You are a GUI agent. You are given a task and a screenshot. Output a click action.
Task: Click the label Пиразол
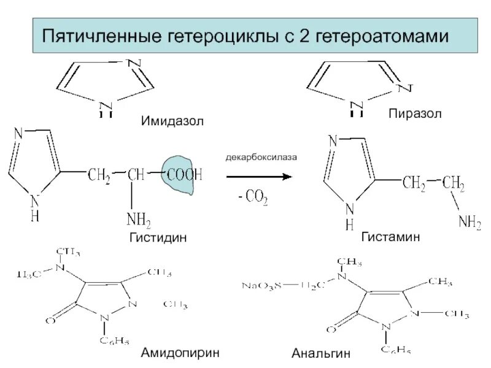(414, 115)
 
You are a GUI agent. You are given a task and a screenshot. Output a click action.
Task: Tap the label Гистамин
(390, 237)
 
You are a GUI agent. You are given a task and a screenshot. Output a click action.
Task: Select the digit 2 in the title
(304, 37)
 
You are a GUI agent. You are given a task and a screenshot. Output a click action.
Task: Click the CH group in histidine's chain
(136, 176)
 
